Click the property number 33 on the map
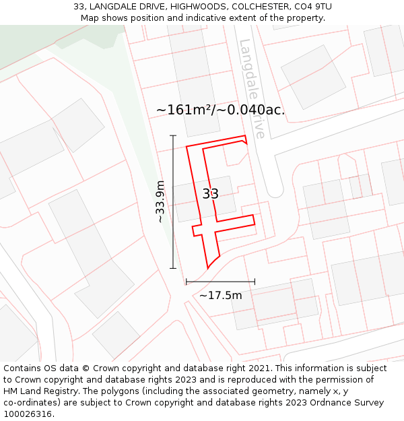(x=211, y=194)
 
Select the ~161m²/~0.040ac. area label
(x=220, y=110)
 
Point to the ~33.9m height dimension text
(x=160, y=202)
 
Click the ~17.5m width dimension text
(x=220, y=295)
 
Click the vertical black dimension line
(x=173, y=202)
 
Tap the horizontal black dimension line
(x=220, y=282)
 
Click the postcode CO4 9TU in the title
(x=312, y=7)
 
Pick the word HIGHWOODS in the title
(x=196, y=7)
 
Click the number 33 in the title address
(x=79, y=7)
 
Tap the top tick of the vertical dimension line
(x=173, y=136)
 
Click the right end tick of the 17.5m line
(x=255, y=282)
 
